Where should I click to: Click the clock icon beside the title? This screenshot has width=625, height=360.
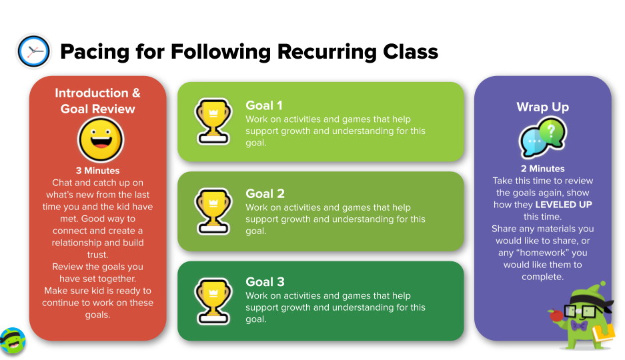click(34, 51)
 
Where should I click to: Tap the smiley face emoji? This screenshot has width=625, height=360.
click(101, 140)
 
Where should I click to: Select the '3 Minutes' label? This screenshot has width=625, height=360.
click(97, 171)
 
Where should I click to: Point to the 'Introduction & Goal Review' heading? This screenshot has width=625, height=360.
click(97, 101)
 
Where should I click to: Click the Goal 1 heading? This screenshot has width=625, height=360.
click(264, 105)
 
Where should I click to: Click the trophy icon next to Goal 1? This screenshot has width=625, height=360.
click(213, 121)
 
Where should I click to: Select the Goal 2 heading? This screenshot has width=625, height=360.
click(265, 193)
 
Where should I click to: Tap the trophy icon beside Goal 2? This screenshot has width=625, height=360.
click(213, 211)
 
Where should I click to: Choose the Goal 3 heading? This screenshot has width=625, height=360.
click(265, 282)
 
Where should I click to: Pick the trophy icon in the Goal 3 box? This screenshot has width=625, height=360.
click(213, 301)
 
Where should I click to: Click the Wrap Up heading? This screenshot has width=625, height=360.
click(542, 107)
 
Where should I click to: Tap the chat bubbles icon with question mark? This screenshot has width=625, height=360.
click(542, 137)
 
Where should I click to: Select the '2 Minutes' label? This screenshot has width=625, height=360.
click(542, 169)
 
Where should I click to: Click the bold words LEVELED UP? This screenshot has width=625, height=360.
click(563, 205)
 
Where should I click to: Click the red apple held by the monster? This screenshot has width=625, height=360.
click(556, 316)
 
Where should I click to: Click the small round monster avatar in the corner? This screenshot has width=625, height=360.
click(13, 341)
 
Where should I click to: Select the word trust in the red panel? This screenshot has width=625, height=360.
click(97, 255)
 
